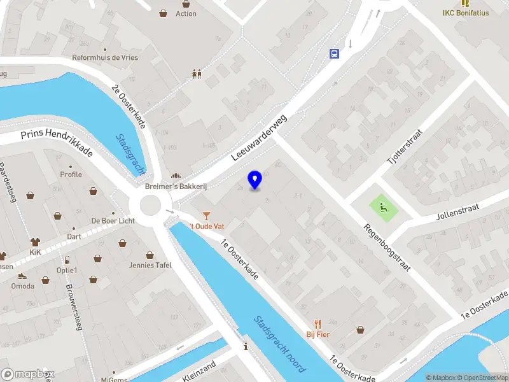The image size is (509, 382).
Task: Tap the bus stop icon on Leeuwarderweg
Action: coord(333,53)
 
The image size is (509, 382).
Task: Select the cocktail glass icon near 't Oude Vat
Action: coord(206,215)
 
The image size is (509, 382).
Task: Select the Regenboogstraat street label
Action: coord(387,246)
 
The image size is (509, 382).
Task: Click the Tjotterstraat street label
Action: coord(405,146)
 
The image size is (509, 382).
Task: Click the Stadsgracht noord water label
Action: coord(280,344)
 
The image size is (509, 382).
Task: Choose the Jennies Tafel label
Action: coord(151,265)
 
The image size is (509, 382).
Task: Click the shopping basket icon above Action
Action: coord(164,13)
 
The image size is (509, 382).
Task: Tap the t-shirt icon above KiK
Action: coord(34,242)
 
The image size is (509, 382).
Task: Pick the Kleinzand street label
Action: coord(199,371)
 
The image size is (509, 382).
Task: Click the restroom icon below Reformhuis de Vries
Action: coord(197,74)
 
